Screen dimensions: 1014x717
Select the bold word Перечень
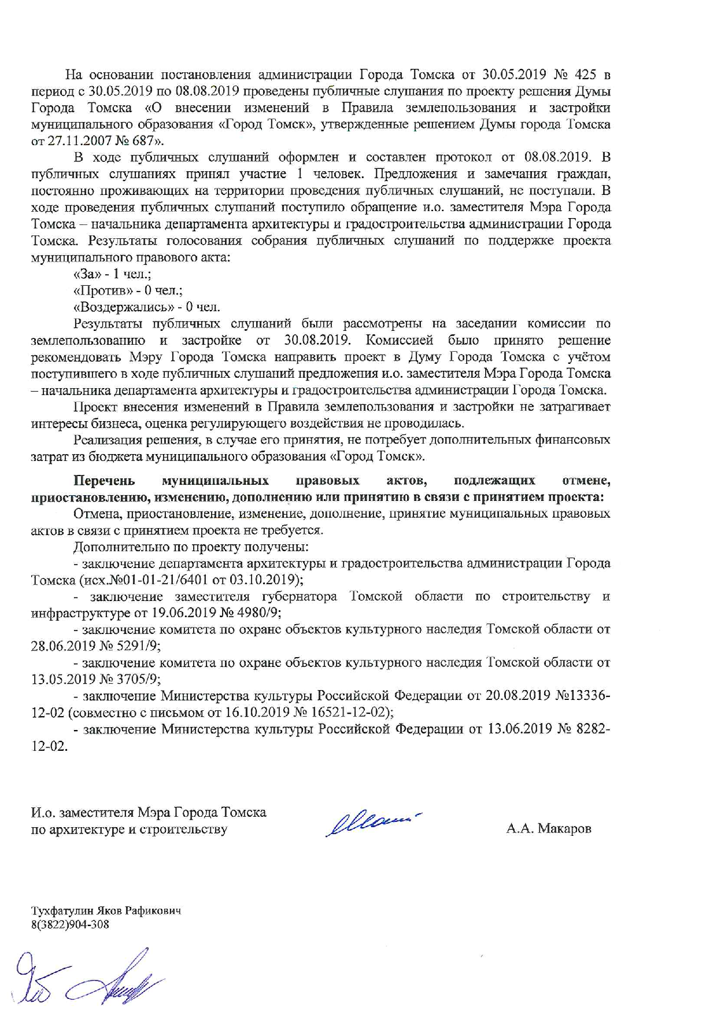tap(104, 481)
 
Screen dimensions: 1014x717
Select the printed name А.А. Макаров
tap(549, 829)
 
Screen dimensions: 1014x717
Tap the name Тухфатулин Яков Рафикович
tap(106, 910)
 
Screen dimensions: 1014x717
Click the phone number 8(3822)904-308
tap(70, 924)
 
